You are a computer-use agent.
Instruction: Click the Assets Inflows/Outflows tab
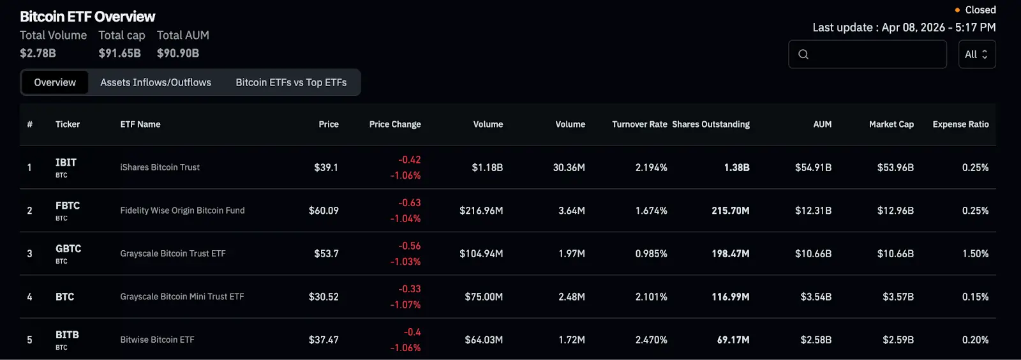coord(156,82)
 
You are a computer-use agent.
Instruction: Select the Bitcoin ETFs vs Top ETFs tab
coord(291,82)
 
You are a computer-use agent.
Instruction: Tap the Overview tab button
coord(55,82)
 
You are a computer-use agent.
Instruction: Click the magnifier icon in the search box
coord(803,54)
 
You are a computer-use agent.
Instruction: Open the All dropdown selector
coord(976,54)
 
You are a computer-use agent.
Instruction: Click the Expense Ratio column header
coord(960,124)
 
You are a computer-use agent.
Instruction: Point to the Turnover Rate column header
coord(639,124)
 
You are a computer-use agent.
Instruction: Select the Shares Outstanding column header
coord(711,124)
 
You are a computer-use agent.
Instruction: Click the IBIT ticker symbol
coord(66,163)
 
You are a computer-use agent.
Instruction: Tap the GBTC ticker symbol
coord(68,249)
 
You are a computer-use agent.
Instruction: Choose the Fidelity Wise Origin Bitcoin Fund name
coord(183,211)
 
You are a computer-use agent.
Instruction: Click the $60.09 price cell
coord(324,211)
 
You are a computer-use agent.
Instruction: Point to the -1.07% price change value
coord(405,305)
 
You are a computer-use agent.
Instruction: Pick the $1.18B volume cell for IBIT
coord(487,168)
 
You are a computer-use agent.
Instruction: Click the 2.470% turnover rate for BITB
coord(651,340)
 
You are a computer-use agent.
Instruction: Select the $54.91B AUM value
coord(813,168)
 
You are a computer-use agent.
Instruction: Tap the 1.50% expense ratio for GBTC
coord(975,254)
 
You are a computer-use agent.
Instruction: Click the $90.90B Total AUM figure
coord(178,54)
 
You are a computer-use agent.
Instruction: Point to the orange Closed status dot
coord(957,10)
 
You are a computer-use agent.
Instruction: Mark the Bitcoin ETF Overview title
coord(87,17)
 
